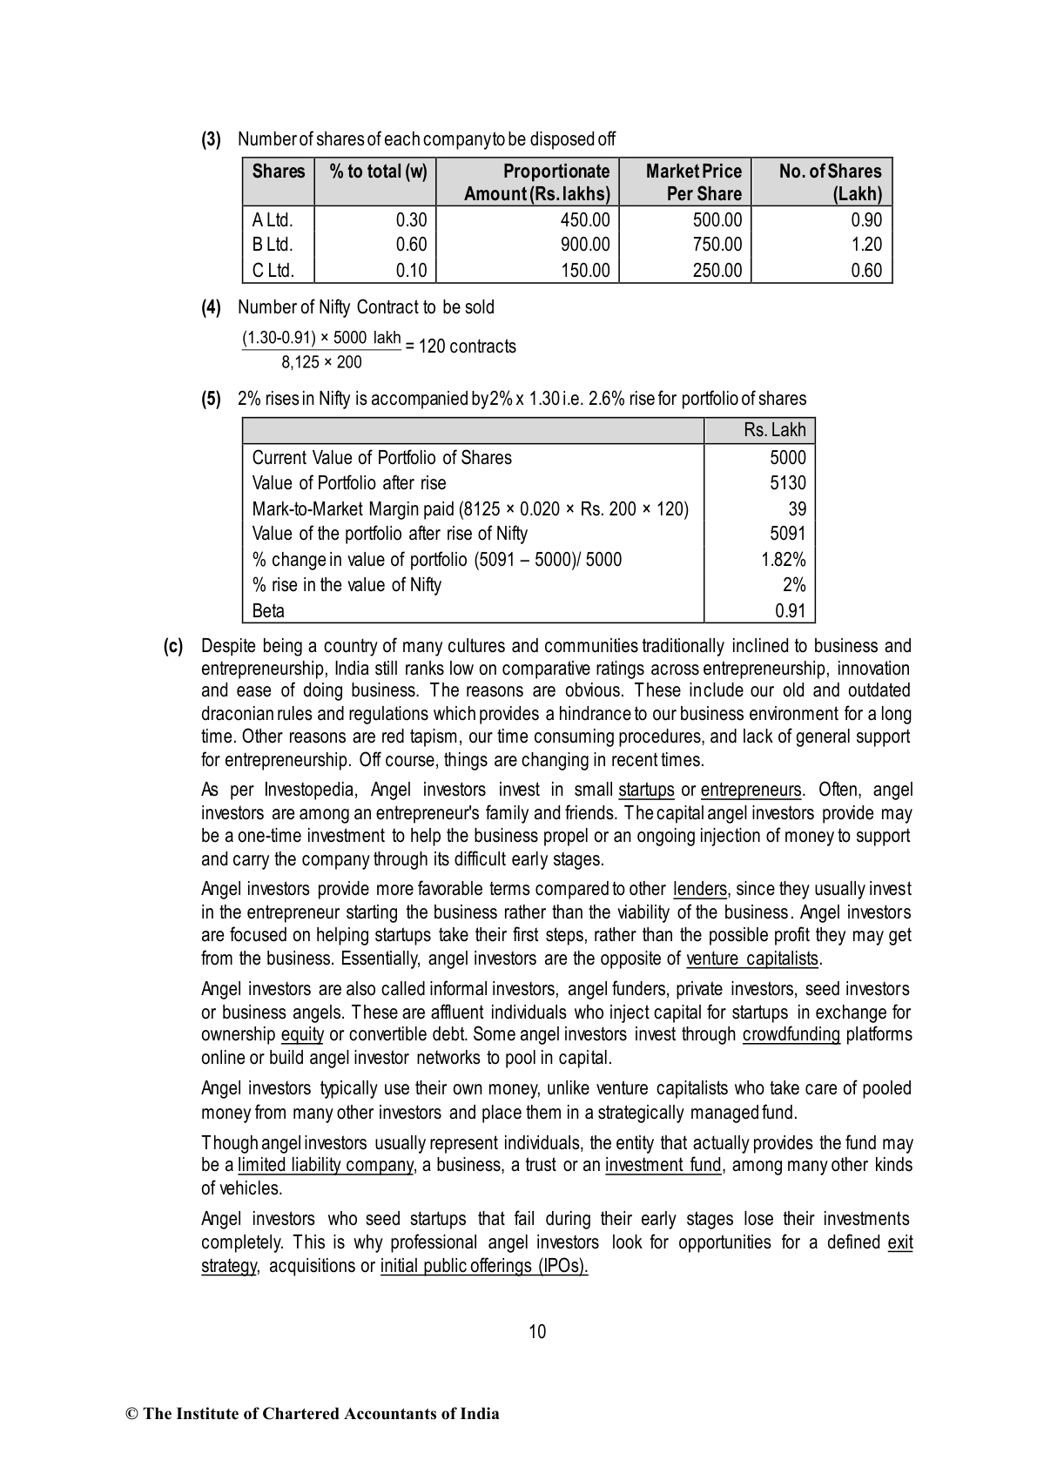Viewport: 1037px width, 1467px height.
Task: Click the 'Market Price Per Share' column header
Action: coord(693,182)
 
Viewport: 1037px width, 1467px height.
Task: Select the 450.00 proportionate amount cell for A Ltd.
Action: coord(585,220)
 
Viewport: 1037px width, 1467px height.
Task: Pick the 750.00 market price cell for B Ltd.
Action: coord(717,245)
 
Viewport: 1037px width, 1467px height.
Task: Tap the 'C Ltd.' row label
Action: coord(273,271)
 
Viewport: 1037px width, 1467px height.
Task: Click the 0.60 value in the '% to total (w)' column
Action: coord(411,245)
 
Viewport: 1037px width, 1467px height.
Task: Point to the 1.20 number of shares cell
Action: coord(866,245)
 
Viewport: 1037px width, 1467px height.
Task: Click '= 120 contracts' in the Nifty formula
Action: coord(461,347)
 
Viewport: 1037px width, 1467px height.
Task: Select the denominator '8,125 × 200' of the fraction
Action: coord(321,362)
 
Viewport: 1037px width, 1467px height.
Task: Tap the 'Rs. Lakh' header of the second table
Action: coord(775,430)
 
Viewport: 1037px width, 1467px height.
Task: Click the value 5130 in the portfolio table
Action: coord(788,483)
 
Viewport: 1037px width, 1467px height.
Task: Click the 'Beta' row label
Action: coord(268,610)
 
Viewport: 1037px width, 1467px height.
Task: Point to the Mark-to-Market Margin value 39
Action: coord(797,508)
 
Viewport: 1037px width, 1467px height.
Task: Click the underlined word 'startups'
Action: coord(646,790)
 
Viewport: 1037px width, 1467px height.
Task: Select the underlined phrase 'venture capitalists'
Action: coord(753,959)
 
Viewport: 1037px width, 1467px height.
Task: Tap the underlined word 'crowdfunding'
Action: coord(791,1034)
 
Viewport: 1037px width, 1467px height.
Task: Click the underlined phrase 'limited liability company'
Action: coord(325,1165)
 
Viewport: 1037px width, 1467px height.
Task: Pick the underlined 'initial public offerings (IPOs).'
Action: coord(484,1266)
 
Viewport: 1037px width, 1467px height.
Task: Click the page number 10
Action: coord(537,1331)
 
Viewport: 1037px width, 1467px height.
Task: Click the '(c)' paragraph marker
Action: coord(173,646)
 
